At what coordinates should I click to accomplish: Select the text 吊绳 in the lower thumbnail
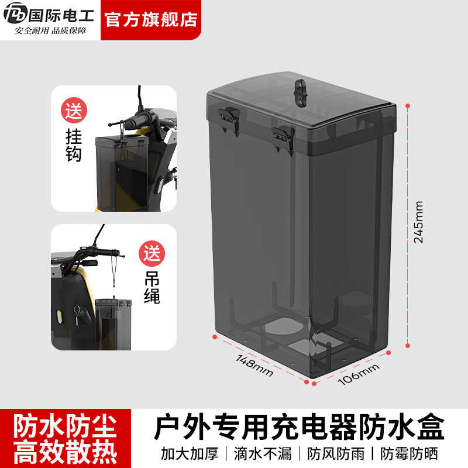point(152,288)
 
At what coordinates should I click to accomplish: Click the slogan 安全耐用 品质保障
point(51,31)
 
